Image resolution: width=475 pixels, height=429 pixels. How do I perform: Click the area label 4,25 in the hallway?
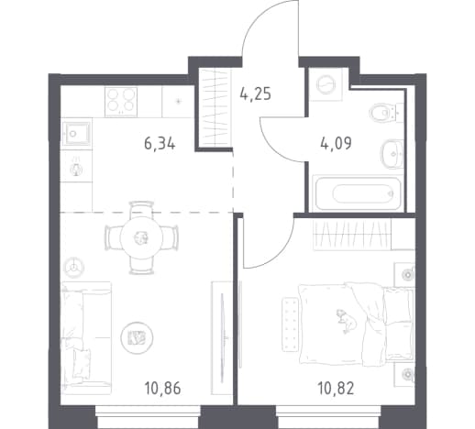[x=256, y=94]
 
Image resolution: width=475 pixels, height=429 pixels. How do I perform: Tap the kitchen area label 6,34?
[x=160, y=143]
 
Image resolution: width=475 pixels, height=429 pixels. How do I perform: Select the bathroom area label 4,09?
[x=336, y=143]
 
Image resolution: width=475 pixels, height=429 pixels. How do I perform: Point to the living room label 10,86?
[x=162, y=389]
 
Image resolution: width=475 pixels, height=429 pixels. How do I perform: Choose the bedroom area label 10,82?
[x=336, y=389]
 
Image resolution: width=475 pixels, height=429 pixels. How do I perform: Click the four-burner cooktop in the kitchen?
[x=121, y=102]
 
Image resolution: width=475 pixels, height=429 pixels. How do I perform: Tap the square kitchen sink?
[x=76, y=133]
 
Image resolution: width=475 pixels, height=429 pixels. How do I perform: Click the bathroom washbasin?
[x=392, y=154]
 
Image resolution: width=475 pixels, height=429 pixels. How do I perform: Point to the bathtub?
[x=359, y=193]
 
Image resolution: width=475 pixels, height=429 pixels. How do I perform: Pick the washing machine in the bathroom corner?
[x=326, y=84]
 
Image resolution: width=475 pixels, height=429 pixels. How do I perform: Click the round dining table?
[x=141, y=237]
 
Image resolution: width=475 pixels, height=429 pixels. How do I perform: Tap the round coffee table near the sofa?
[x=137, y=337]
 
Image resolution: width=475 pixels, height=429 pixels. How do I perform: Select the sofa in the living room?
[x=86, y=338]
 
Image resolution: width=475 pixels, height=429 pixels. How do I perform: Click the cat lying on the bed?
[x=347, y=322]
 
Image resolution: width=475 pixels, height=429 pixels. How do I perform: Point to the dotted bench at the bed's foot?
[x=290, y=324]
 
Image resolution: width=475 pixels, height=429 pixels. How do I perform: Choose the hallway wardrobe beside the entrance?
[x=215, y=107]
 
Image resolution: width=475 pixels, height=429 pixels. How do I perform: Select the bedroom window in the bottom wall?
[x=329, y=416]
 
